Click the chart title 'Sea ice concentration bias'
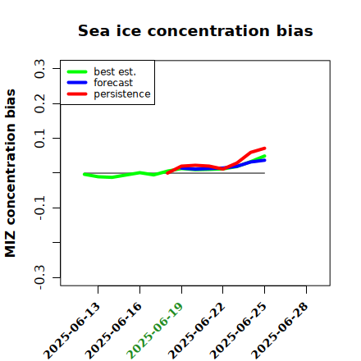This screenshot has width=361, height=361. [x=195, y=30]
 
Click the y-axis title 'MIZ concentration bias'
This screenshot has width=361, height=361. [x=11, y=173]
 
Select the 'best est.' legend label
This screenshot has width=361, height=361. [x=115, y=71]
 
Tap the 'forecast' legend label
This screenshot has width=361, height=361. [x=113, y=83]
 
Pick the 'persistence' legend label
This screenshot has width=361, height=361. [x=122, y=94]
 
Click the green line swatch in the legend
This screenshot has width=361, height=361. [x=77, y=71]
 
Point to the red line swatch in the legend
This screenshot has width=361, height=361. [x=77, y=94]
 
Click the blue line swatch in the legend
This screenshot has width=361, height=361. [x=77, y=83]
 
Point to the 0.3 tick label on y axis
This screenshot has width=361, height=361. [x=40, y=69]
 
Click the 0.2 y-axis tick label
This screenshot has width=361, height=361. [x=40, y=103]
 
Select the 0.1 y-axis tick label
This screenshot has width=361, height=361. [x=40, y=139]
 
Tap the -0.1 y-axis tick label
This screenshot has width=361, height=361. [x=40, y=208]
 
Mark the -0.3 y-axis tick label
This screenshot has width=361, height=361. [x=40, y=277]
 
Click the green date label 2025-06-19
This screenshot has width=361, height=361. [x=155, y=331]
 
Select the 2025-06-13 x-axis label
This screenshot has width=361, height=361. [x=71, y=331]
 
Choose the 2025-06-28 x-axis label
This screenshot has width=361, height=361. [x=280, y=331]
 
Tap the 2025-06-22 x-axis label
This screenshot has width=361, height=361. [x=196, y=331]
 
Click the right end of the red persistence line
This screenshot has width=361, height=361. [x=264, y=149]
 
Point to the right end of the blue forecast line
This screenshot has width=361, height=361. [x=264, y=160]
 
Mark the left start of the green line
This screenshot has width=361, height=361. [x=85, y=174]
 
